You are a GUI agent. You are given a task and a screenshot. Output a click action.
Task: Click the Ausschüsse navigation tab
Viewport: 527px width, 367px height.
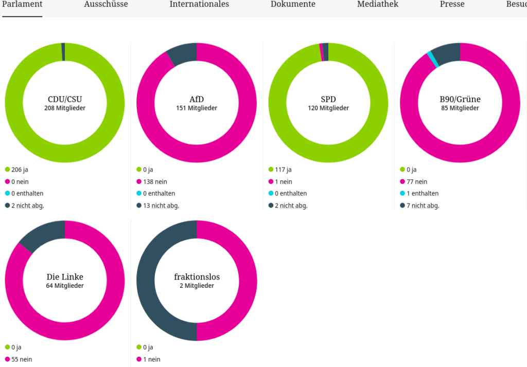pos(106,5)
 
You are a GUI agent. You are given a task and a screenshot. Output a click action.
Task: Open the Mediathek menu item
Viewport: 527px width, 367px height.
pos(378,5)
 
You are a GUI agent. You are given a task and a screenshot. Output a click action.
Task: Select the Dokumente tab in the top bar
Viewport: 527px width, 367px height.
pos(293,5)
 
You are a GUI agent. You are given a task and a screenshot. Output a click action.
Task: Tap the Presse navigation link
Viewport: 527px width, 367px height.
pos(452,5)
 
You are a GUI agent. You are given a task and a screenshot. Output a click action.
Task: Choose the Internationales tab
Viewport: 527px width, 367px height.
pos(199,5)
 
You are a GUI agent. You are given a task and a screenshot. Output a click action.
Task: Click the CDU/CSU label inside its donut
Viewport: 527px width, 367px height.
pos(65,99)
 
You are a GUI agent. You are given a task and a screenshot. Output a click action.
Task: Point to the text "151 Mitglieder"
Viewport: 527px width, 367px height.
pos(197,108)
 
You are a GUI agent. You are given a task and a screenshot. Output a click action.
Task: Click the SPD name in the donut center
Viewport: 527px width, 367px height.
pos(328,99)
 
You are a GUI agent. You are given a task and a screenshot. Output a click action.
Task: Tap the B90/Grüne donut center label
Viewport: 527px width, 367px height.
pos(460,99)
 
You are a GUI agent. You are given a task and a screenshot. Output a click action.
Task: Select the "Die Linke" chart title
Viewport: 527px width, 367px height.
pos(65,277)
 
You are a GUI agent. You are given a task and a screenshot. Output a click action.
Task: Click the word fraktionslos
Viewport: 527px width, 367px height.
pos(197,277)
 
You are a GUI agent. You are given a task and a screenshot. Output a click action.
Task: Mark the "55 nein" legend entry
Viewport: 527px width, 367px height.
pos(21,359)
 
